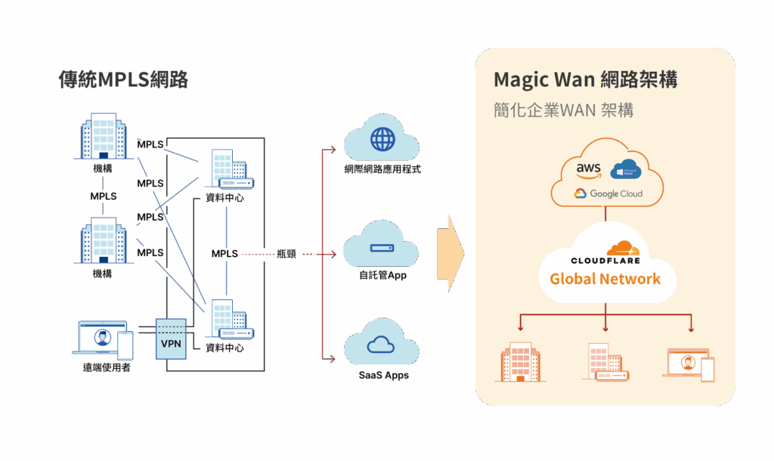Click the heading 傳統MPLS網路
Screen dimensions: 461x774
123,79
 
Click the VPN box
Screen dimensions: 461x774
170,344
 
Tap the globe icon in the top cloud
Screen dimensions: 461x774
382,139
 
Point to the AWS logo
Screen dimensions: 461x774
588,169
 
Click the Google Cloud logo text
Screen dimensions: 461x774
608,193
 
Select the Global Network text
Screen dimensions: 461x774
605,279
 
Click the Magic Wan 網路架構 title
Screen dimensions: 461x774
585,80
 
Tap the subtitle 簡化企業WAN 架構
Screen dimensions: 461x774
563,110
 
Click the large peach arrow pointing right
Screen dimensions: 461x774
456,254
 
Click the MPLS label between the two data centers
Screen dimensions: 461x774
224,254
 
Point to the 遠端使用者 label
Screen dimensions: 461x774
107,368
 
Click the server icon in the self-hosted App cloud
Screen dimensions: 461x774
382,248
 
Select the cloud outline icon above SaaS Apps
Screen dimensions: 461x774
382,345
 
